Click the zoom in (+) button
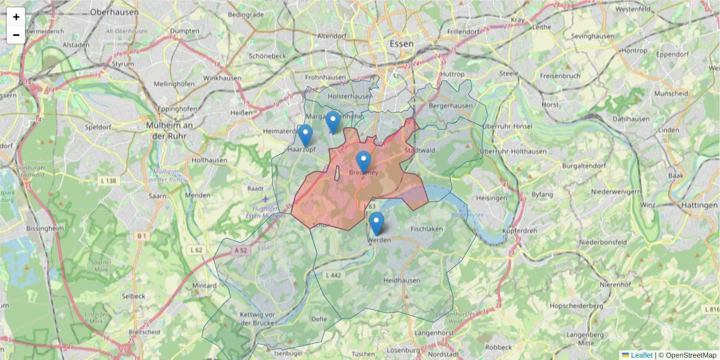[x=16, y=17]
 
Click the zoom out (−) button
[x=16, y=35]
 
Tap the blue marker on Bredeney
[x=363, y=161]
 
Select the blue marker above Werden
[x=376, y=223]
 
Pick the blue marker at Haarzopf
[x=305, y=136]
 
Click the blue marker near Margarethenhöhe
[x=333, y=122]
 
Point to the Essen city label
[x=401, y=44]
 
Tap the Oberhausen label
[x=114, y=11]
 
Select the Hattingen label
[x=700, y=205]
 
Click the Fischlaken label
[x=427, y=229]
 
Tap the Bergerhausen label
[x=451, y=106]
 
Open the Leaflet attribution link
[x=641, y=355]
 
